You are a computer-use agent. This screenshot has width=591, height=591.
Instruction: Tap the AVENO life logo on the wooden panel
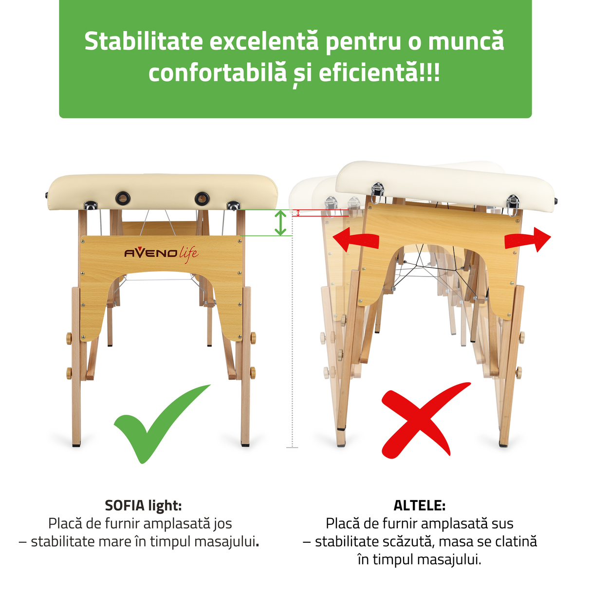pyautogui.click(x=161, y=253)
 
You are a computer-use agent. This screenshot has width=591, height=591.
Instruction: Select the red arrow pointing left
pyautogui.click(x=355, y=240)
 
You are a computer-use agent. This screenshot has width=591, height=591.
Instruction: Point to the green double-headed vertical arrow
pyautogui.click(x=280, y=223)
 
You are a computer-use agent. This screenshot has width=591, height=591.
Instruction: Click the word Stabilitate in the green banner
pyautogui.click(x=144, y=41)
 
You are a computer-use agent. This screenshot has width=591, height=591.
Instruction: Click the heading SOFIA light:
pyautogui.click(x=143, y=505)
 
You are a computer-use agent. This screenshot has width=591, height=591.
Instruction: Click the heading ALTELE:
pyautogui.click(x=419, y=505)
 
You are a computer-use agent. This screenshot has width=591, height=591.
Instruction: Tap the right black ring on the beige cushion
pyautogui.click(x=202, y=198)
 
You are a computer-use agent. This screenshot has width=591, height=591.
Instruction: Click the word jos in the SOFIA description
pyautogui.click(x=222, y=524)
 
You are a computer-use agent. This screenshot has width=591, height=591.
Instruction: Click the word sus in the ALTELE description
pyautogui.click(x=502, y=524)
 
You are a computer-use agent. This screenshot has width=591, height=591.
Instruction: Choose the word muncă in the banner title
pyautogui.click(x=466, y=41)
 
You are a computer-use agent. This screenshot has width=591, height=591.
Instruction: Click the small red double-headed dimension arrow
pyautogui.click(x=298, y=213)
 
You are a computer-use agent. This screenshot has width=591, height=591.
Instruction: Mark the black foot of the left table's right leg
pyautogui.click(x=245, y=444)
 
